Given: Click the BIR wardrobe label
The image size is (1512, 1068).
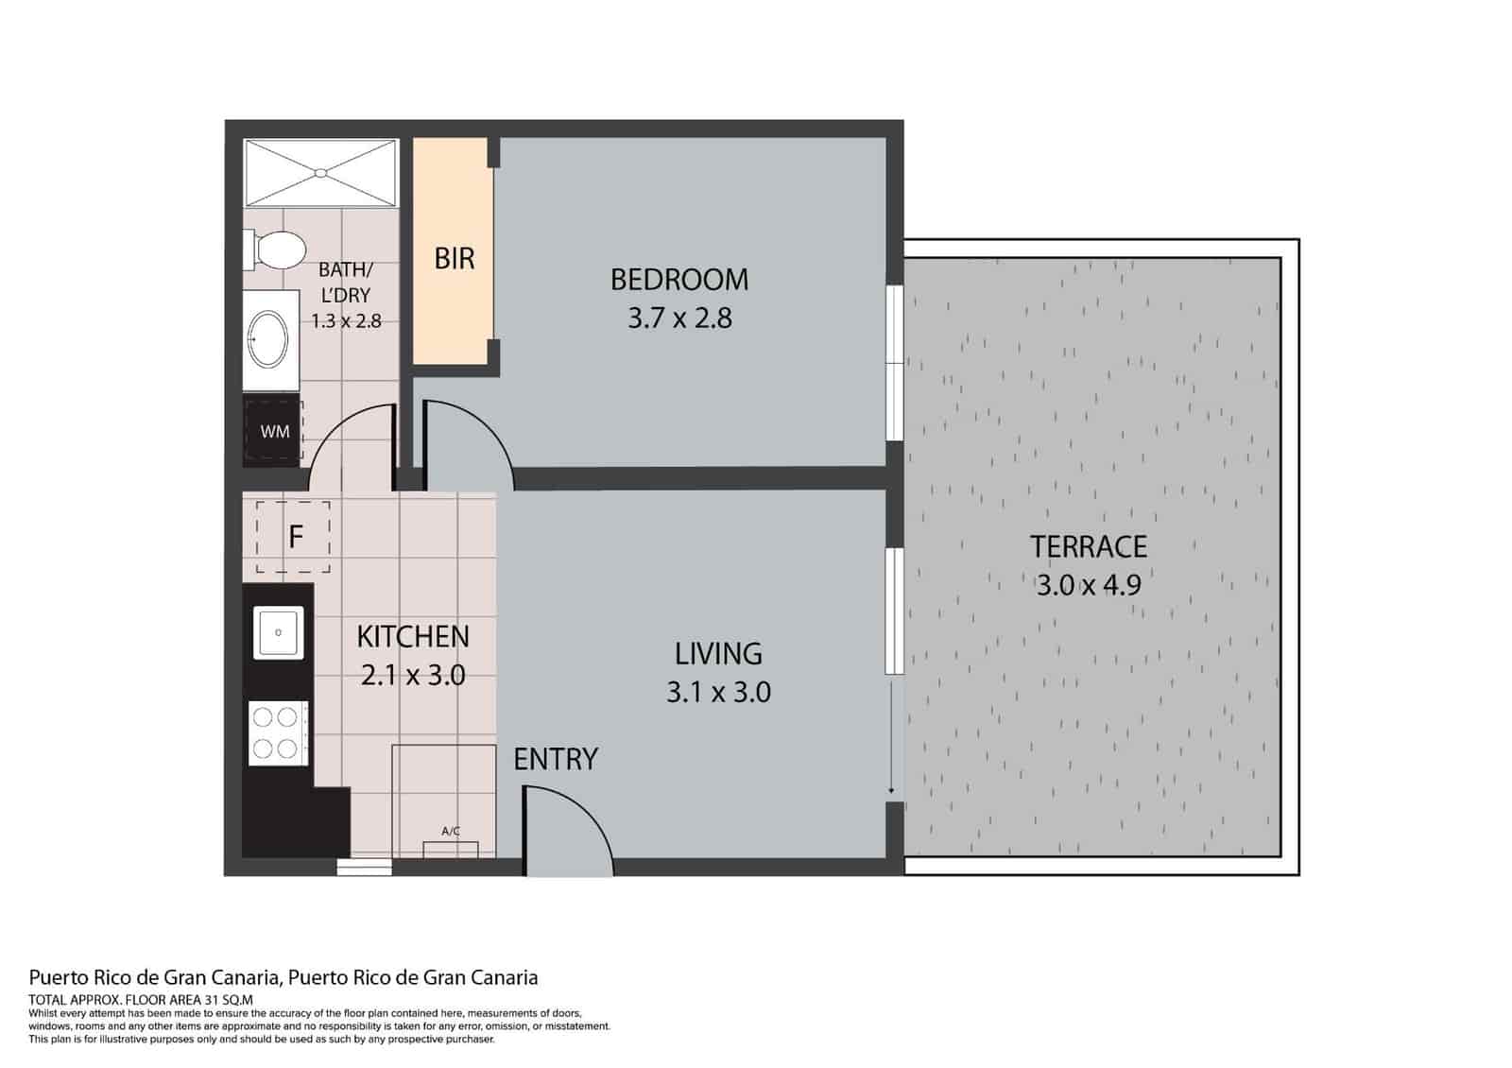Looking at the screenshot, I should [454, 259].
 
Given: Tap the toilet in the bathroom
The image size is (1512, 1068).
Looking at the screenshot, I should [277, 250].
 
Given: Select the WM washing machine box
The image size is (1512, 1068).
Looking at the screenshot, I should [274, 432].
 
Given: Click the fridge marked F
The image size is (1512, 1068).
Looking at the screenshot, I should [294, 537].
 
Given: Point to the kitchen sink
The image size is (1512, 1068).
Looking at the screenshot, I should [278, 632].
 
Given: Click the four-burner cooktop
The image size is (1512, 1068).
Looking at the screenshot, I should [277, 732].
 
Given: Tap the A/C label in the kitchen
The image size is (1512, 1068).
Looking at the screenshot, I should [451, 832].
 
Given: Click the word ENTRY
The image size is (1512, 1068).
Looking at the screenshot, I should [556, 759].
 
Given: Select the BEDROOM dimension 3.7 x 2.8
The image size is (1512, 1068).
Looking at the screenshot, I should [679, 319].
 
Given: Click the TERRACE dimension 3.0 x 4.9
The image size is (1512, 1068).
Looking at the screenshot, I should [1089, 585].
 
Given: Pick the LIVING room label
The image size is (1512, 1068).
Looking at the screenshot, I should [718, 653].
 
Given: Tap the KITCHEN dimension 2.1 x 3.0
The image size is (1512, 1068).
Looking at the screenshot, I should [413, 676].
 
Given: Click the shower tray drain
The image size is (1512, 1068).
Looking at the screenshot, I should [320, 173].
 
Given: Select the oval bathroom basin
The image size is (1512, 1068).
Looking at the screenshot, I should [269, 339].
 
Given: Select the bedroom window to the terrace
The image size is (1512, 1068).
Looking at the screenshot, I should [893, 363].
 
